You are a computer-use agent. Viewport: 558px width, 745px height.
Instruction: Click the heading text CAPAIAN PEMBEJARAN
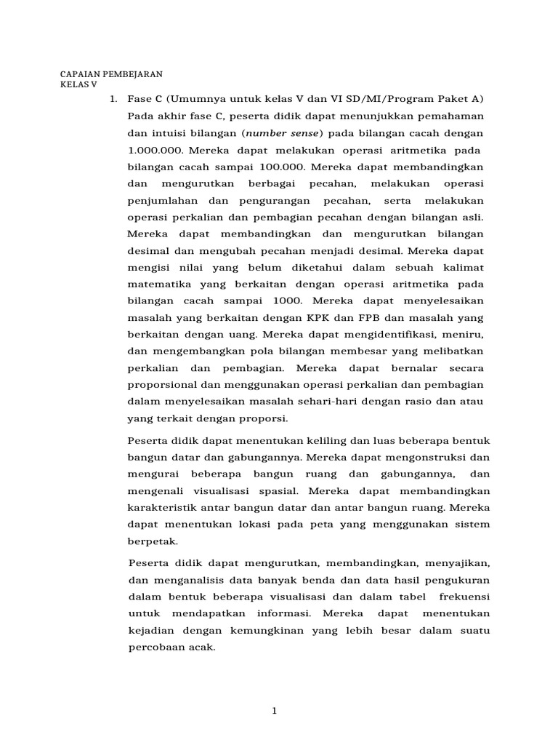pos(111,74)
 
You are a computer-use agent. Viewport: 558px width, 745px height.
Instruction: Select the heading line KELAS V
pos(78,84)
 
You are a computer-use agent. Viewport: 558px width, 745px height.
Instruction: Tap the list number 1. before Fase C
pos(113,98)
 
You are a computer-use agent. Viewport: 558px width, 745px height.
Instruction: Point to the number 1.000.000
pos(155,150)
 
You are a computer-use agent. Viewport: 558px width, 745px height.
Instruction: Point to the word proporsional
pos(162,384)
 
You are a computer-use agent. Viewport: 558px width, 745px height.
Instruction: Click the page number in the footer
pos(275,712)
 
